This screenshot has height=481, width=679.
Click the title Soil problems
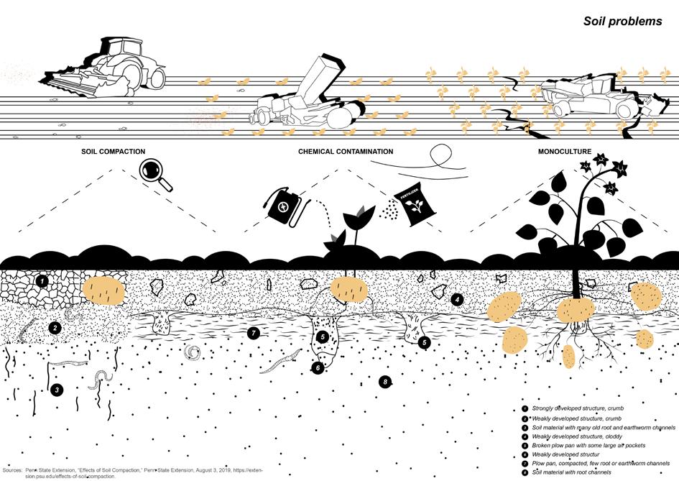(622, 22)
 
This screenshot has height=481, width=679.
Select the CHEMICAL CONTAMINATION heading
(346, 152)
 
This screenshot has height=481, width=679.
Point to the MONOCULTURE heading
(565, 152)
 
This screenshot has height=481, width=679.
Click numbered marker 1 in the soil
(42, 281)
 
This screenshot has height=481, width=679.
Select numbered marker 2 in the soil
(54, 328)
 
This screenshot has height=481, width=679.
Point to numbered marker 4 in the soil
(458, 298)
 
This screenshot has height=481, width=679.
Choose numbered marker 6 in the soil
(317, 367)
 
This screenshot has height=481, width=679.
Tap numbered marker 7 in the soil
(252, 333)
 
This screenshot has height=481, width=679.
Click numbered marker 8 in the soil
(386, 382)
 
